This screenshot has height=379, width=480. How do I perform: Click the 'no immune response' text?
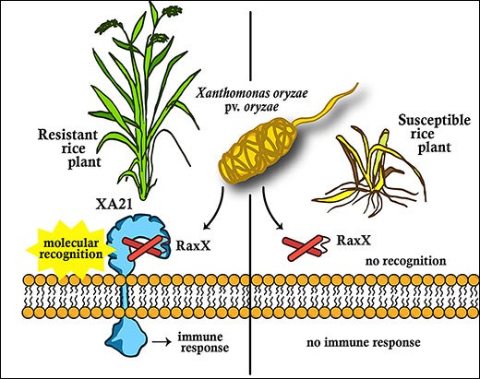(x=357, y=343)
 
